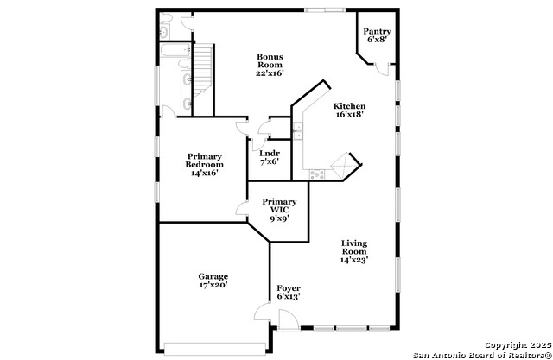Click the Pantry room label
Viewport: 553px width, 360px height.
tap(377, 31)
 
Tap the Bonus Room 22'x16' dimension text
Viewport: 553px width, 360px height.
tap(270, 73)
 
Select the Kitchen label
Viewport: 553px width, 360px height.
tap(349, 106)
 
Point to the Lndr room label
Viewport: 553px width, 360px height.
tap(270, 154)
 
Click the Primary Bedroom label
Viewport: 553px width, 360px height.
tap(205, 161)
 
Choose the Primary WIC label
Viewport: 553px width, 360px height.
tap(279, 205)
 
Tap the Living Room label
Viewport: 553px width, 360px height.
tap(354, 247)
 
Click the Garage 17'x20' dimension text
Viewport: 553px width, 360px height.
tap(213, 285)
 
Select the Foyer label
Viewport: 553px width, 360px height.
tap(289, 288)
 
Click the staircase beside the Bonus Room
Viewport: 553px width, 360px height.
tap(203, 71)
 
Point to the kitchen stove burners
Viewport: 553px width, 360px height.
tap(317, 174)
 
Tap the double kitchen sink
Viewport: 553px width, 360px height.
tap(297, 131)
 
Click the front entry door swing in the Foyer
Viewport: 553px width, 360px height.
tap(288, 319)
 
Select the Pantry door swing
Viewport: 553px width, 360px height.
tap(382, 69)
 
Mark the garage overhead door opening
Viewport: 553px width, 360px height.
tap(215, 349)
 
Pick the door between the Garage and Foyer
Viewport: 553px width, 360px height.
tap(263, 312)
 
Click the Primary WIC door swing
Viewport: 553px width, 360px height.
tap(242, 209)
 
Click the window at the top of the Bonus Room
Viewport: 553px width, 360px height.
tap(325, 9)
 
